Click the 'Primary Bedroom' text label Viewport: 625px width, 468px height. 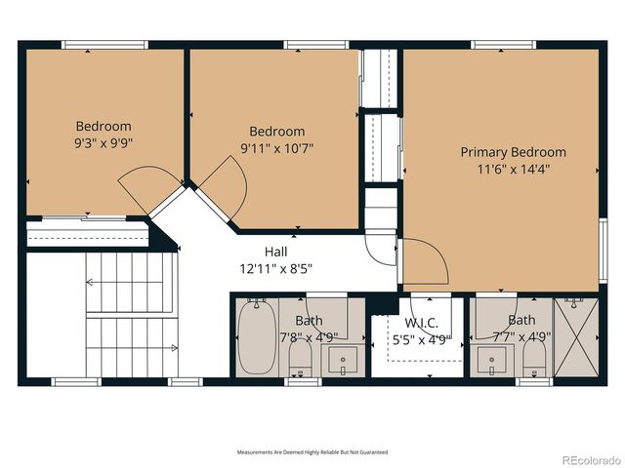(513, 152)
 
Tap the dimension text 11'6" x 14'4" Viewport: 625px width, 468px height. (513, 170)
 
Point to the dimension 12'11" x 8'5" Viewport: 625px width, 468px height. (274, 268)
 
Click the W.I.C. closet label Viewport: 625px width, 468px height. (421, 324)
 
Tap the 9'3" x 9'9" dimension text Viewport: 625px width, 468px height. (104, 143)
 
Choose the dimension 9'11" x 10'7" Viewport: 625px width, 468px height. (276, 148)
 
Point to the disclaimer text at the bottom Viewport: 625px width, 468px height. (312, 452)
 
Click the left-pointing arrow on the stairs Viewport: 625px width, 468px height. (91, 283)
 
